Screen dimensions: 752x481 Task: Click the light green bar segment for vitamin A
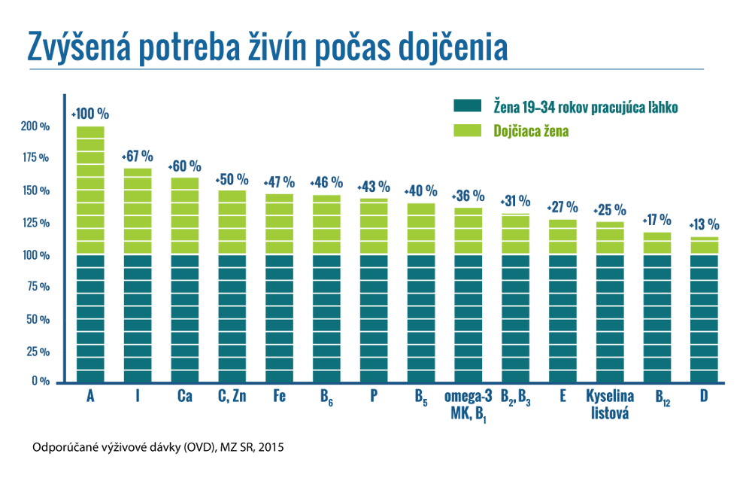coord(91,190)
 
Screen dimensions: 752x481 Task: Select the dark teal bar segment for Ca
coord(185,318)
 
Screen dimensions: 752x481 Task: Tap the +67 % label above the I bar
coord(137,156)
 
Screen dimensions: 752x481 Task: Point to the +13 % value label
coord(704,224)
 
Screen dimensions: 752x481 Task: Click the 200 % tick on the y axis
coord(35,126)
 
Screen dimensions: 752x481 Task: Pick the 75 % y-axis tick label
coord(38,287)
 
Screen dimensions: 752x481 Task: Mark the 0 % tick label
coord(41,381)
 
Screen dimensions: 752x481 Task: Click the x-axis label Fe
coord(280,396)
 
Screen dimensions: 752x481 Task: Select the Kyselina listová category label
coord(610,405)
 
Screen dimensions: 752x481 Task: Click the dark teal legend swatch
coord(468,105)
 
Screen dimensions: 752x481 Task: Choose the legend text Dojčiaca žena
coord(531,131)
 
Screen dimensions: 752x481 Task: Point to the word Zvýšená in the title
coord(79,47)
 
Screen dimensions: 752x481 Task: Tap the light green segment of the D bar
coord(705,246)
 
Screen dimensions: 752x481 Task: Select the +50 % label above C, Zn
coord(232,180)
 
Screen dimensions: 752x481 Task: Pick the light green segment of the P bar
coord(374,227)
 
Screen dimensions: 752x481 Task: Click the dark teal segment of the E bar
coord(563,318)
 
